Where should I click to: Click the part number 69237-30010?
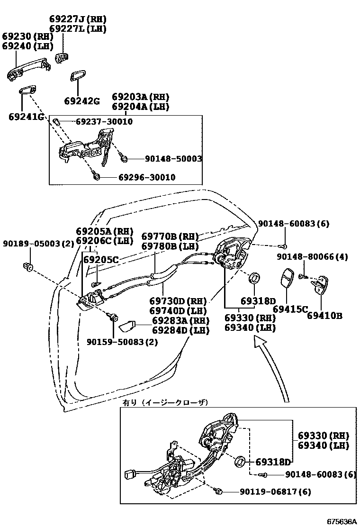[x=104, y=122]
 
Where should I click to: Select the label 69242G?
[x=82, y=101]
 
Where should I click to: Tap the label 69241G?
[x=26, y=116]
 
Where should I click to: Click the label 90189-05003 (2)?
[x=38, y=244]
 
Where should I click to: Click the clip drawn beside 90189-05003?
[x=27, y=267]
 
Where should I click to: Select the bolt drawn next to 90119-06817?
[x=219, y=491]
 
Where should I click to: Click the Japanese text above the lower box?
[x=165, y=402]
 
